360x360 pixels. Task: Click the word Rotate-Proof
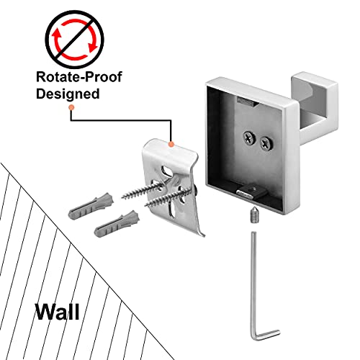point(79,77)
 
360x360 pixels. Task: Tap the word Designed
point(68,94)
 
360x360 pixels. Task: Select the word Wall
point(57,312)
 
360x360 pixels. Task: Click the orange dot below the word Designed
point(71,108)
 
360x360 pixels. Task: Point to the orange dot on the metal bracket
point(171,144)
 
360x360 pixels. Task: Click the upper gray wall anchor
point(91,205)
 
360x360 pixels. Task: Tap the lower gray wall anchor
point(117,224)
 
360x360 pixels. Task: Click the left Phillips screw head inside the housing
point(248,138)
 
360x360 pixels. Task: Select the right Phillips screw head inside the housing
point(266,143)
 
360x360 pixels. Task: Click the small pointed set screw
point(253,215)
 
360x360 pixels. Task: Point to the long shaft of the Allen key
point(253,283)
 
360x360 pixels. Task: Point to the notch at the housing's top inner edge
point(247,102)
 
